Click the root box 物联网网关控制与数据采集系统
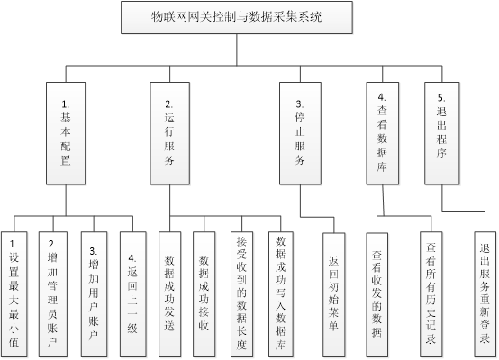[237, 17]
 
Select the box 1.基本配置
[66, 133]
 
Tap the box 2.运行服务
[170, 133]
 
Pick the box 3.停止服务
[300, 133]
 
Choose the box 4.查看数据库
[382, 133]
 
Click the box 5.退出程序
[441, 133]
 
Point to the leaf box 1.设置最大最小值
[14, 294]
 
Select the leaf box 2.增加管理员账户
[53, 294]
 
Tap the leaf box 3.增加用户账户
[94, 294]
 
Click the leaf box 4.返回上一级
[133, 294]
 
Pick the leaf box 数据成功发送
[170, 294]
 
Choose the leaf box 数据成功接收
[204, 294]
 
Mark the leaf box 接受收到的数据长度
[242, 294]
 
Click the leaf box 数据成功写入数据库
[281, 294]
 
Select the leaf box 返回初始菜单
[334, 295]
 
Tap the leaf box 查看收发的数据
[377, 295]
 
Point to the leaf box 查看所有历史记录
[431, 294]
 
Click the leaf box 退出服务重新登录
[485, 294]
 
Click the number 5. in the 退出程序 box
[441, 97]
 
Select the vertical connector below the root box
[237, 49]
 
